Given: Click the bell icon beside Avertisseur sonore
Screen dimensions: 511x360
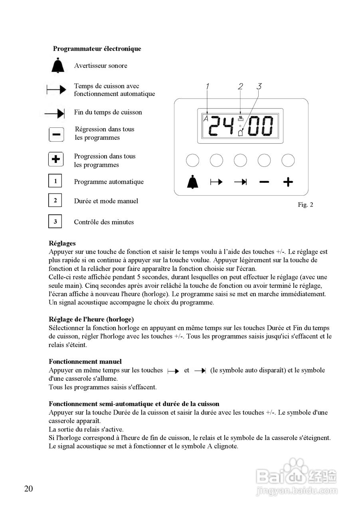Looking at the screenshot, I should pos(58,65).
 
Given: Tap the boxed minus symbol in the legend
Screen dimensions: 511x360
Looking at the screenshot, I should pos(56,134).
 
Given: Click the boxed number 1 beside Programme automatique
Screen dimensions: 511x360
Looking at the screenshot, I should pos(55,181).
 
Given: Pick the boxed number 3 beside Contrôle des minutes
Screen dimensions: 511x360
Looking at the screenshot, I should pos(55,221).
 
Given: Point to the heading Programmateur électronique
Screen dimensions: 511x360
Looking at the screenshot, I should pos(97,49).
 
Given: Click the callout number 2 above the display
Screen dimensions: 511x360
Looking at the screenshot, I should pos(240,86).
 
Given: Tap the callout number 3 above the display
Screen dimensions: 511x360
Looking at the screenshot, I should pos(259,86).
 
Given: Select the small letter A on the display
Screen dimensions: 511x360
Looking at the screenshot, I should pos(206,119).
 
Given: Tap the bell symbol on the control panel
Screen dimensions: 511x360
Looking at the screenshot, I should pos(192,182).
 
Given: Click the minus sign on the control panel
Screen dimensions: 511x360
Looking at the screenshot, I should pos(264,182).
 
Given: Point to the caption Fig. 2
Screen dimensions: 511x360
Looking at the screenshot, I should pos(305,205).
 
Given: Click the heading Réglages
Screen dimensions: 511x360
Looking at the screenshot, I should pos(62,243).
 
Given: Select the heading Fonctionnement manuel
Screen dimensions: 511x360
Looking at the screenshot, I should pos(85,362).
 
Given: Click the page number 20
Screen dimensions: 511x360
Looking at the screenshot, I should pos(28,489).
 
